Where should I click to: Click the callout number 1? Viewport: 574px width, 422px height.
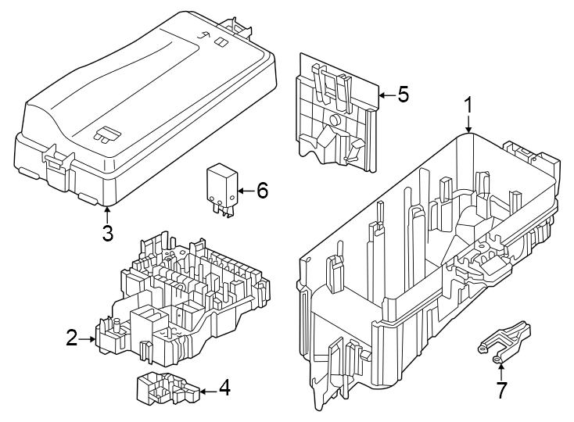tap(468, 105)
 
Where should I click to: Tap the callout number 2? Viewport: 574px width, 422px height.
tap(72, 338)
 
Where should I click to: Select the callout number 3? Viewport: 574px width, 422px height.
tap(107, 232)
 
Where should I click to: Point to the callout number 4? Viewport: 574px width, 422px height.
tap(224, 388)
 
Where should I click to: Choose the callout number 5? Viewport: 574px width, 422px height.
tap(403, 95)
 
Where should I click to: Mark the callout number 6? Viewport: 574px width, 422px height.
tap(262, 190)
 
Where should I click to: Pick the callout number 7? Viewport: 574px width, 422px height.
tap(500, 389)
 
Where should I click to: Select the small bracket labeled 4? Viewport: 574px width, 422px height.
tap(164, 388)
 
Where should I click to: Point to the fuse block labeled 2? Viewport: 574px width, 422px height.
tap(184, 297)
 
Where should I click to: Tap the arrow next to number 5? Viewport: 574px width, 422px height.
tap(384, 95)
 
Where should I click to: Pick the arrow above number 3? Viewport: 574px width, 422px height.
tap(107, 213)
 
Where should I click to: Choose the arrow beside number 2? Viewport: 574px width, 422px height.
tap(88, 339)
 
